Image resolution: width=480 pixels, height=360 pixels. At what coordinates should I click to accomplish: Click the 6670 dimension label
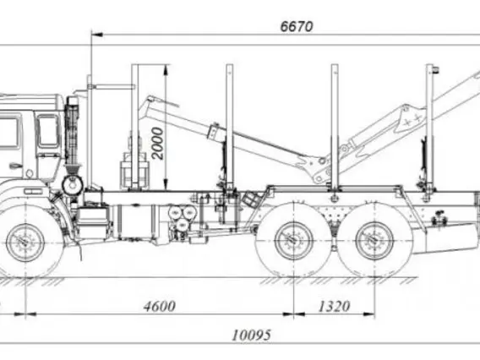tap(297, 27)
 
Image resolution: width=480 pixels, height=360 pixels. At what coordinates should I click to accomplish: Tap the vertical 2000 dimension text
tap(158, 144)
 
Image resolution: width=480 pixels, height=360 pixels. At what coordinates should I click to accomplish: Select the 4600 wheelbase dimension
tap(160, 306)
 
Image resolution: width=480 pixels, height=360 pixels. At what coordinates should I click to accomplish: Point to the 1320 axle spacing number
tap(334, 307)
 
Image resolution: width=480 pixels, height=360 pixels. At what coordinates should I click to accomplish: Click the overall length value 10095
tap(251, 335)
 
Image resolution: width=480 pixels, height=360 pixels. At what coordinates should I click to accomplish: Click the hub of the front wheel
tap(25, 243)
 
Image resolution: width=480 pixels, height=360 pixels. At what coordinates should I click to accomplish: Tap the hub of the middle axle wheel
tap(294, 241)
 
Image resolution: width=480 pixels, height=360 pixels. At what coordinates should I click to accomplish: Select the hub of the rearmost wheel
tap(374, 242)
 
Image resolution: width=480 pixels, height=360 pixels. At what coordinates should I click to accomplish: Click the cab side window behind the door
tap(48, 131)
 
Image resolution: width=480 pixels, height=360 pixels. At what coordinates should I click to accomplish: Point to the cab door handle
tap(15, 166)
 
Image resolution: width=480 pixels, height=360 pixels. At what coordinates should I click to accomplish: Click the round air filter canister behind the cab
tap(73, 184)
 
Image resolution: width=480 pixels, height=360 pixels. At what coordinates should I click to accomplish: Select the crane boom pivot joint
tap(322, 161)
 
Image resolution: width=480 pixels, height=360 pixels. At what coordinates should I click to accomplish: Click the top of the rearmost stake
tap(430, 66)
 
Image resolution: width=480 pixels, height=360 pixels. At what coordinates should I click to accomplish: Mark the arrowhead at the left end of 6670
tap(96, 35)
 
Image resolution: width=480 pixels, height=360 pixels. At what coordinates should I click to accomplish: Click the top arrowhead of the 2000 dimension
tap(166, 70)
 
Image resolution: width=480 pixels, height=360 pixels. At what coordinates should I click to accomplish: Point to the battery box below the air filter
tap(92, 217)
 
